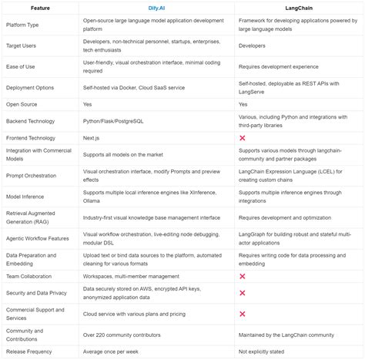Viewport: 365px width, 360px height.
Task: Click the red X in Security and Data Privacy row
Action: (243, 293)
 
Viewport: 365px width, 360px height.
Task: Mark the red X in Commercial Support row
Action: (243, 313)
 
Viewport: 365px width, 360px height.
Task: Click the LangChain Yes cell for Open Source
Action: (243, 103)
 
